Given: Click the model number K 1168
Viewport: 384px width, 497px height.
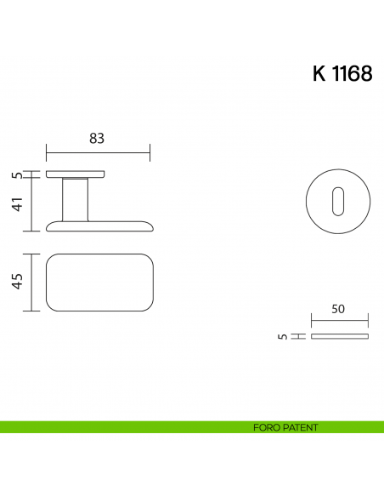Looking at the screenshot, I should pos(342,74).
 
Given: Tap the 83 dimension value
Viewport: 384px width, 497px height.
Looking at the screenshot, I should pos(98,139).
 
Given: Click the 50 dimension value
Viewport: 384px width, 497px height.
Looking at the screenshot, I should pos(339,310).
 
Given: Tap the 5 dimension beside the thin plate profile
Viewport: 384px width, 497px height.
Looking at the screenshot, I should pos(281,337).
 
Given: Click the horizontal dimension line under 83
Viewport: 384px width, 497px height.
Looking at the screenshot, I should pos(98,153).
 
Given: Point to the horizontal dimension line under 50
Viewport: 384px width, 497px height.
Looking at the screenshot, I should pos(340,323).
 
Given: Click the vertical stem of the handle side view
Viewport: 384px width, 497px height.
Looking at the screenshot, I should pos(75,199).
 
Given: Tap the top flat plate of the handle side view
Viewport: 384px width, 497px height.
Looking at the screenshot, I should pos(76,174).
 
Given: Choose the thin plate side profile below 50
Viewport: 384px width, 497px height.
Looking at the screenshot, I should pos(340,337).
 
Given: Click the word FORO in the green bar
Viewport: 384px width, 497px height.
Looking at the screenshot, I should pos(266,427).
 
